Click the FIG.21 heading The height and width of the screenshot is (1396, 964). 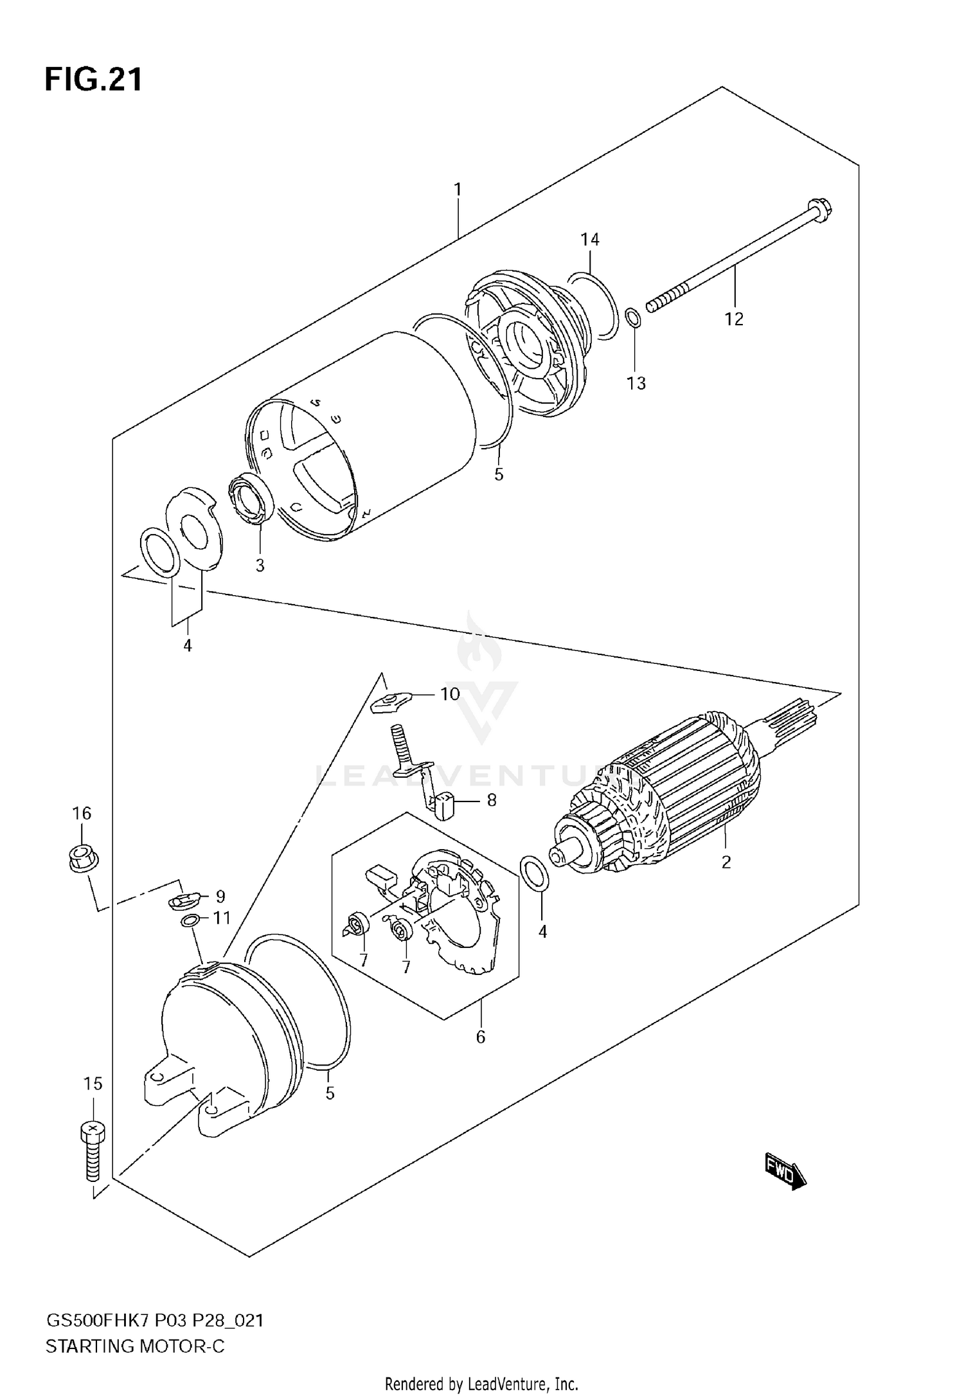pyautogui.click(x=93, y=81)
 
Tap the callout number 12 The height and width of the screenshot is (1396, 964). pyautogui.click(x=733, y=319)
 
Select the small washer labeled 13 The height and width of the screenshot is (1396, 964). pyautogui.click(x=632, y=317)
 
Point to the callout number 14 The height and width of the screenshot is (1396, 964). pyautogui.click(x=589, y=240)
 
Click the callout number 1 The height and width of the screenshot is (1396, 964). pyautogui.click(x=458, y=190)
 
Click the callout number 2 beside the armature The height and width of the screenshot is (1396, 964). pyautogui.click(x=726, y=863)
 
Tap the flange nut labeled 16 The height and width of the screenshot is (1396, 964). pyautogui.click(x=82, y=858)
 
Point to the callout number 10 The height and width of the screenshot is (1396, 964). pyautogui.click(x=450, y=694)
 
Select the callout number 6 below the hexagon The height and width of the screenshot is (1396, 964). pyautogui.click(x=480, y=1037)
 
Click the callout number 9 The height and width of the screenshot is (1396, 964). pyautogui.click(x=220, y=896)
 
